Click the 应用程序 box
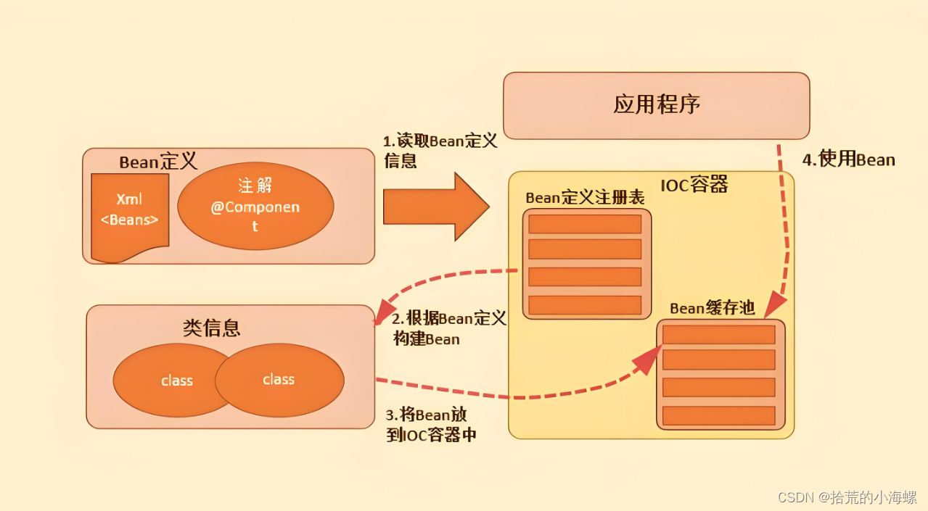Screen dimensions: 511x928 click(656, 105)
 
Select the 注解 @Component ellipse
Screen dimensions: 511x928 click(255, 207)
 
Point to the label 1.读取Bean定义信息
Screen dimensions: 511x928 click(440, 151)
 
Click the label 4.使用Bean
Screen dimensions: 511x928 click(848, 159)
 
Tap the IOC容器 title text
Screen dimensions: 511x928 click(694, 185)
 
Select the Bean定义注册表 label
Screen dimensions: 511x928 click(585, 198)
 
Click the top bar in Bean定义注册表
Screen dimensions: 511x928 click(585, 224)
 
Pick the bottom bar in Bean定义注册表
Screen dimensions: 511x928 click(585, 304)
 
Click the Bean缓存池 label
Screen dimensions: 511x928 click(712, 308)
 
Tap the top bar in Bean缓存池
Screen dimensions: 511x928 click(718, 335)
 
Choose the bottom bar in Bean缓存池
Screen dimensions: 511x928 click(718, 415)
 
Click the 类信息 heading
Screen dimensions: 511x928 click(211, 328)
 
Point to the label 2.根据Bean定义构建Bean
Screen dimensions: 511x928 click(448, 328)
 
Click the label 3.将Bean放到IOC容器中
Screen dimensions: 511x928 click(430, 425)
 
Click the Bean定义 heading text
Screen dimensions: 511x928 click(158, 162)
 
